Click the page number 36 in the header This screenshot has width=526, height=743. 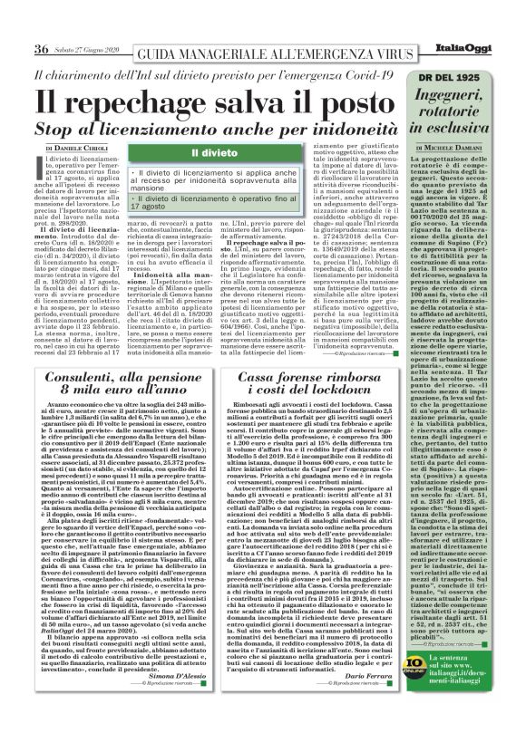tap(41, 48)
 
